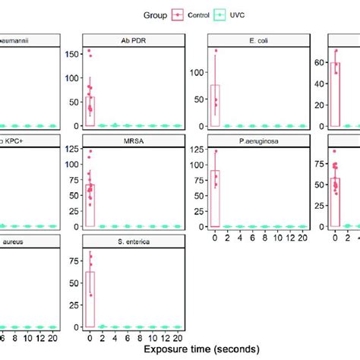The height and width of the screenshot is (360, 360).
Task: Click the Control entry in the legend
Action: [197, 14]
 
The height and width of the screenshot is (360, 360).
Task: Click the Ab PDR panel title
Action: [133, 39]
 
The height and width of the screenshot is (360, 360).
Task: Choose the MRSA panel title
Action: [133, 140]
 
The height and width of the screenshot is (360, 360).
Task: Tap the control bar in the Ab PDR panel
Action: [90, 111]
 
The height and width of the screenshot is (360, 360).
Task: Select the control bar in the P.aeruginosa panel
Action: [215, 198]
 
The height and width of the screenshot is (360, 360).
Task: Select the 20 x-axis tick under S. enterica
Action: [178, 337]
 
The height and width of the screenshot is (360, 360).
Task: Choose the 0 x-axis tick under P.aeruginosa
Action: [215, 237]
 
